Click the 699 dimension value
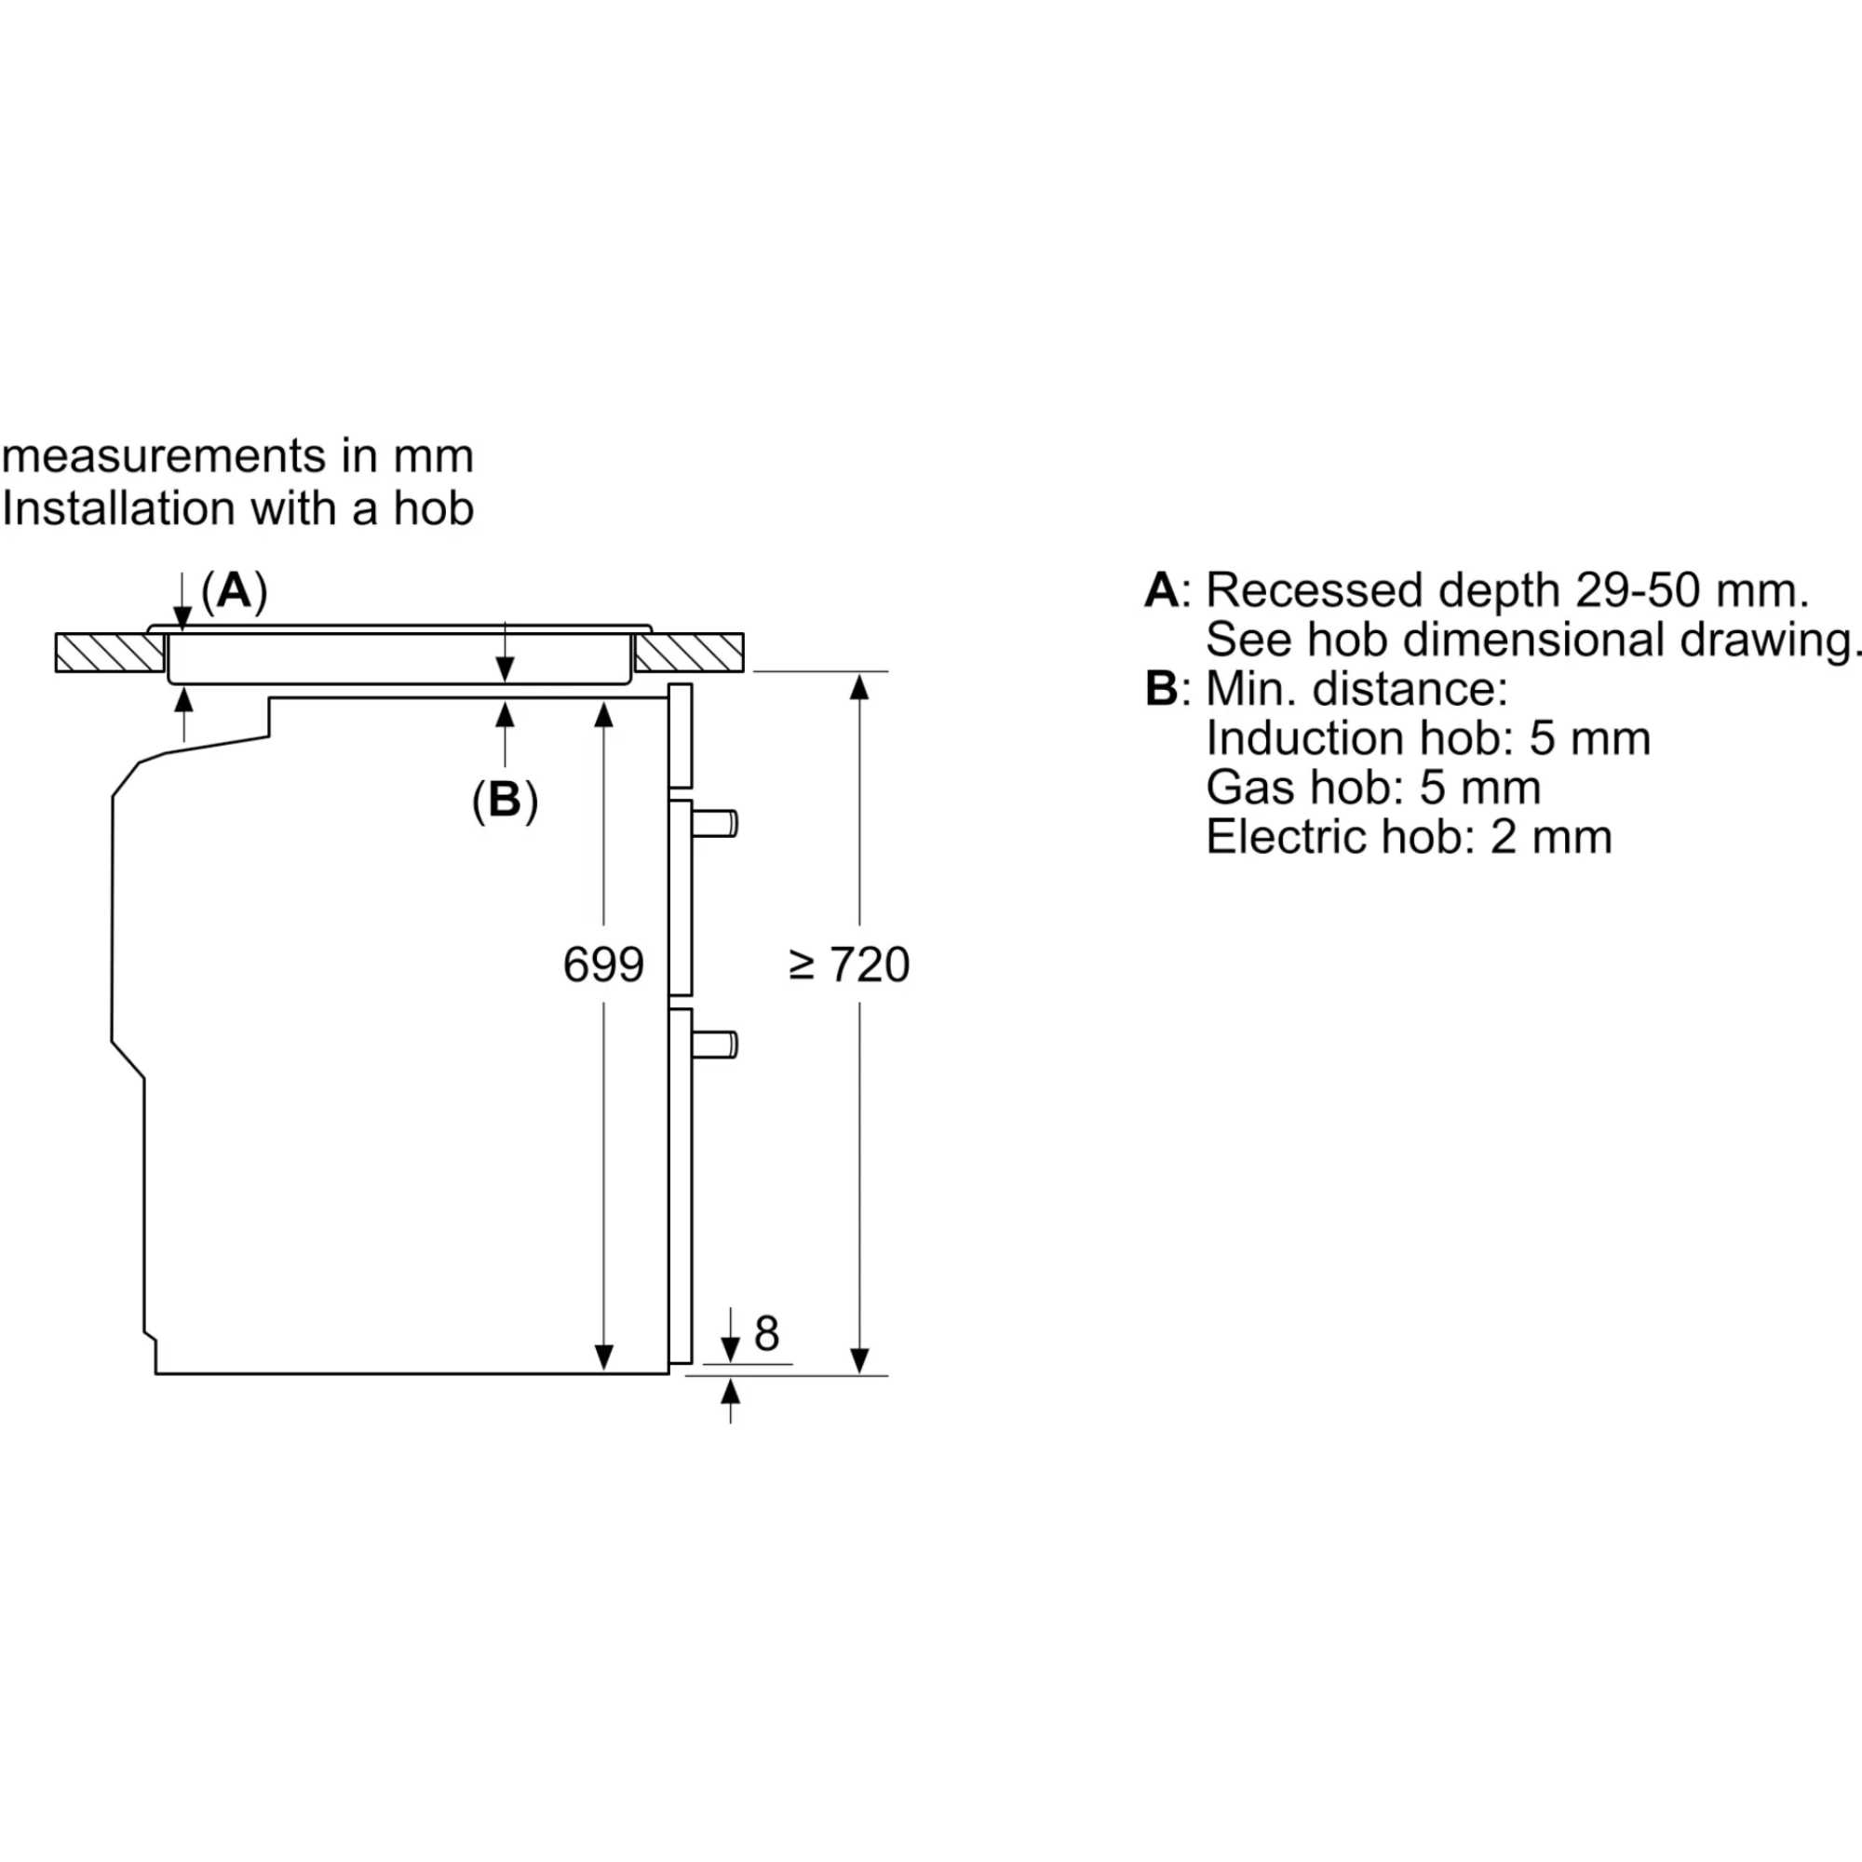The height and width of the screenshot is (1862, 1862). pos(602,965)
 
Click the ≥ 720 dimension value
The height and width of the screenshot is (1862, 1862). pos(849,965)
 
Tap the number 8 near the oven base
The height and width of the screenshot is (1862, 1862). pos(766,1334)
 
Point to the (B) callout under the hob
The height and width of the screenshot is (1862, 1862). pos(504,799)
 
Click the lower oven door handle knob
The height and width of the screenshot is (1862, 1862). pos(718,1044)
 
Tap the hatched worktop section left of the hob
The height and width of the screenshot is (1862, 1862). pos(109,653)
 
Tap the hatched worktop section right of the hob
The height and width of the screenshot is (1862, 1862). pos(689,653)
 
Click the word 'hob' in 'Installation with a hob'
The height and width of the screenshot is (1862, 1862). pos(433,508)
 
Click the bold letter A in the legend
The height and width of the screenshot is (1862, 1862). pos(1161,590)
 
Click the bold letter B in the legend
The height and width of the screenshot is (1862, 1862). pos(1161,688)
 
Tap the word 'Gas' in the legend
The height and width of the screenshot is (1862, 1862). pos(1243,788)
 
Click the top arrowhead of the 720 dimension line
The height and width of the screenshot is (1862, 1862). pos(859,685)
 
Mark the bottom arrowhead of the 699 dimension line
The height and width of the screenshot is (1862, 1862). pos(603,1357)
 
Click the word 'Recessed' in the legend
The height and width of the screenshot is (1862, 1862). pos(1314,590)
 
